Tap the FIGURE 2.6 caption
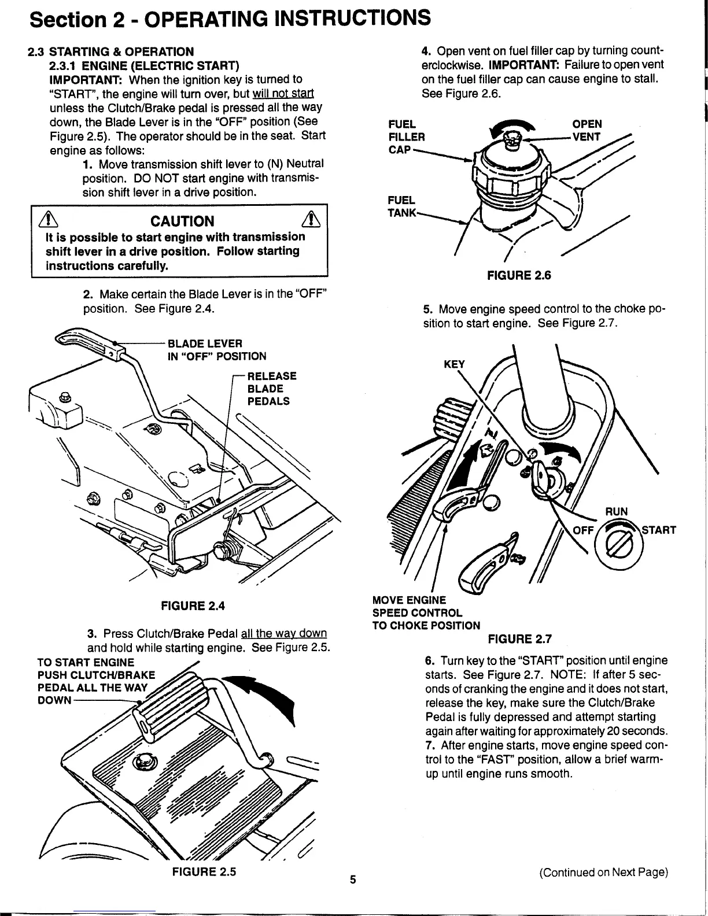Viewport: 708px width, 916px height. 519,275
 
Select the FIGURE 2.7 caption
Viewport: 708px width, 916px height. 520,639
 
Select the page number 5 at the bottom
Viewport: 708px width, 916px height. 353,881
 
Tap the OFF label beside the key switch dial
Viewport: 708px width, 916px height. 582,530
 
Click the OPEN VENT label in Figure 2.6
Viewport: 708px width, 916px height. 587,130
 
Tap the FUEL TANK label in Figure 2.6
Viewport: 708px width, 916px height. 401,206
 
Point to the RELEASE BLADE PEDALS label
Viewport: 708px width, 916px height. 272,389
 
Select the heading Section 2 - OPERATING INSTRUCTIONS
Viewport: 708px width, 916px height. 230,19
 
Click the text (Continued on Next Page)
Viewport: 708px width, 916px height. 603,873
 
